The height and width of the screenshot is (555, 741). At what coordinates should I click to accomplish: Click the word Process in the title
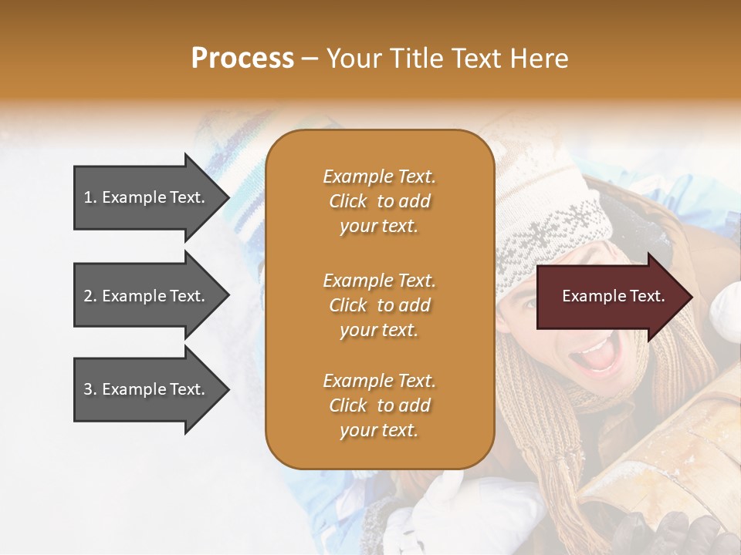(242, 59)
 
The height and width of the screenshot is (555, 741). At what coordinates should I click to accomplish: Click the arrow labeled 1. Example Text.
(145, 197)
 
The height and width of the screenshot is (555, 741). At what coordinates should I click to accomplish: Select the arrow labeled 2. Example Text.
(145, 296)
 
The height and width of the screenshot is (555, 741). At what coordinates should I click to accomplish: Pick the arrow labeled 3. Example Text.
(145, 389)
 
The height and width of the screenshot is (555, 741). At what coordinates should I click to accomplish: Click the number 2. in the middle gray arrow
(90, 296)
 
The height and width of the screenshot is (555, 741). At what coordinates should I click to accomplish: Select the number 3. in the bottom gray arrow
(90, 389)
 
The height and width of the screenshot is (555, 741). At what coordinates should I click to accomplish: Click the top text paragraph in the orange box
(379, 201)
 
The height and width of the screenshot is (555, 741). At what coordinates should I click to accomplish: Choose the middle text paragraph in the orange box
(379, 305)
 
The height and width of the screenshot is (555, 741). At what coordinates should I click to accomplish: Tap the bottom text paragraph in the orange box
(379, 405)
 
